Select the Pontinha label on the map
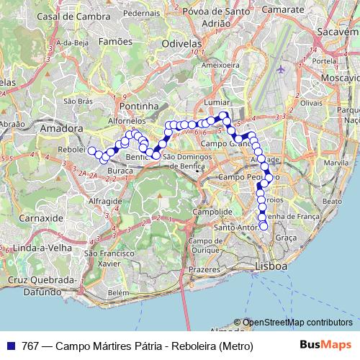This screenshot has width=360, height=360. pos(139,106)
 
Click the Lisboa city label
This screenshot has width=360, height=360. pos(271,266)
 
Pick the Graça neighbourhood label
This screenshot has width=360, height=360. pos(285,237)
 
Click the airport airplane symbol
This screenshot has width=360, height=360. pos(281,71)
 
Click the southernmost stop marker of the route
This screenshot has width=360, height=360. pos(264,226)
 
